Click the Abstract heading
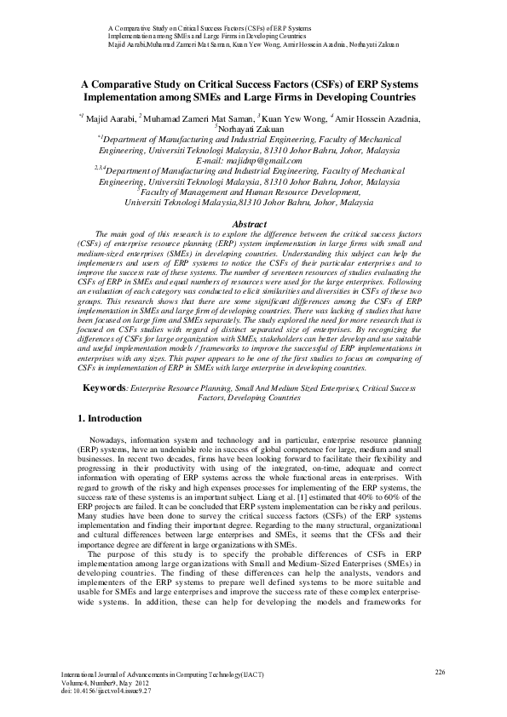[x=253, y=223]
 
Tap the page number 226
[x=441, y=673]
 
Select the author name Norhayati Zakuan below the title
[x=253, y=129]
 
